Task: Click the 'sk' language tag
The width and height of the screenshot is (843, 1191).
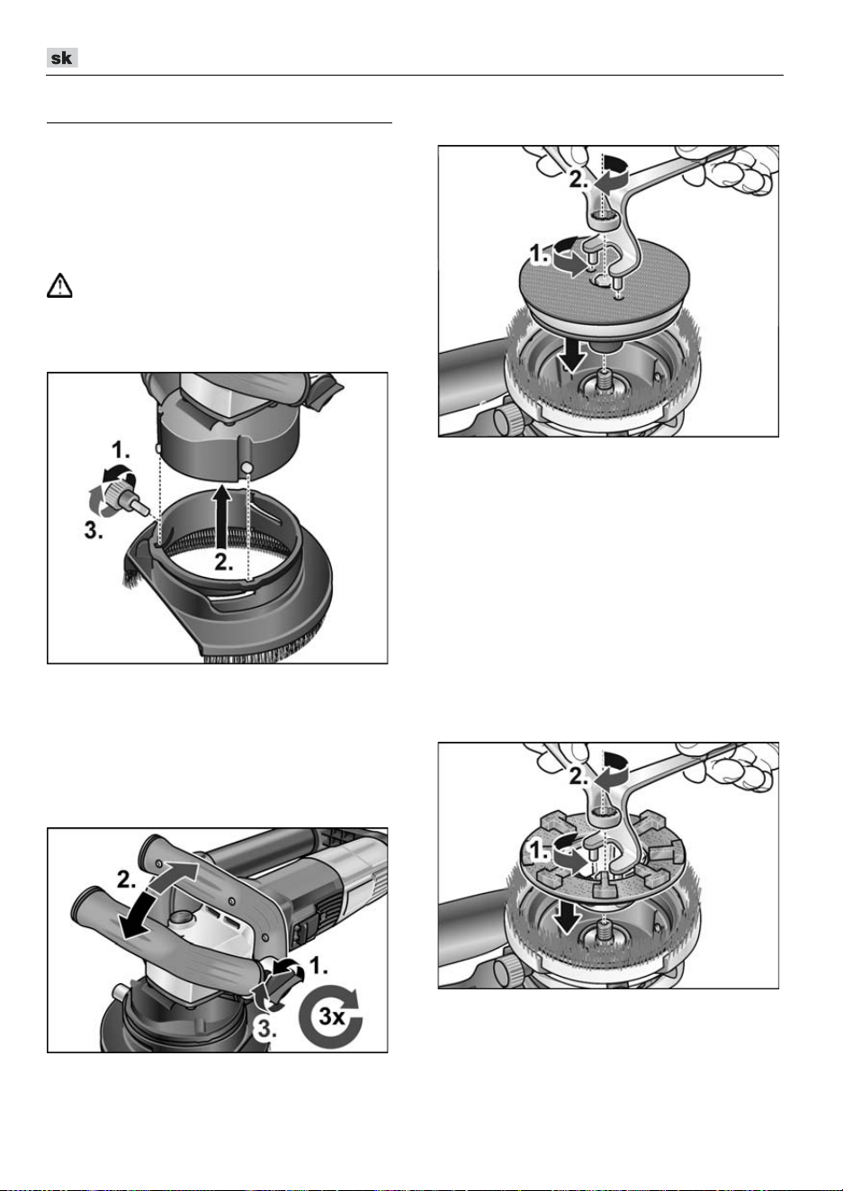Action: [x=62, y=58]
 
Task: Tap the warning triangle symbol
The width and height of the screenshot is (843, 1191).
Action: [x=59, y=285]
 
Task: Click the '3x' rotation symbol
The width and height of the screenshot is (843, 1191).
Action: [x=331, y=1016]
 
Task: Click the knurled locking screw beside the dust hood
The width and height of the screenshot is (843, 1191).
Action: [x=122, y=494]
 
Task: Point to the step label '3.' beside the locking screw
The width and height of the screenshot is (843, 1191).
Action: [x=94, y=530]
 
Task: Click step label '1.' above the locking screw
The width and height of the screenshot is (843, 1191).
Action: [x=121, y=451]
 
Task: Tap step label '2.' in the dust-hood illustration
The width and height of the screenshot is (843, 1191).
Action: [x=224, y=562]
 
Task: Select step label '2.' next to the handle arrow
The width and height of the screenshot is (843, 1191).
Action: [x=128, y=880]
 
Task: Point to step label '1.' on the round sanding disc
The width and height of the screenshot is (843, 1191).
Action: [x=540, y=255]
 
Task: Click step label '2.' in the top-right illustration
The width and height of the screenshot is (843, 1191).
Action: [x=579, y=180]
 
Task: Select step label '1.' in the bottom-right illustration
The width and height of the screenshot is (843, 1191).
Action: [x=540, y=853]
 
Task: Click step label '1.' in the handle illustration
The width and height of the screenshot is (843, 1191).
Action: [x=318, y=965]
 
